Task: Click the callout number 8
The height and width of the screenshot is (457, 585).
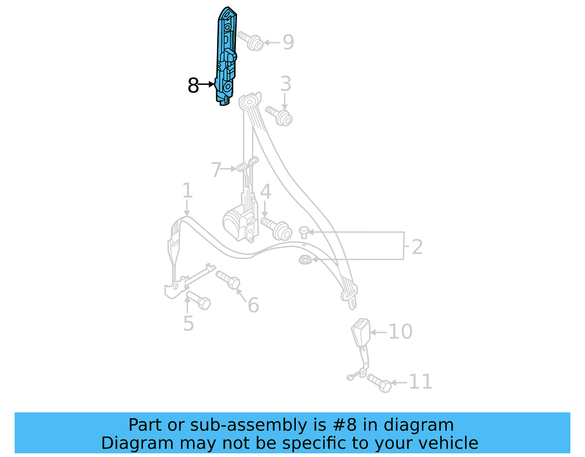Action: click(193, 86)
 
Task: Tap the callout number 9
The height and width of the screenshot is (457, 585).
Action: click(288, 42)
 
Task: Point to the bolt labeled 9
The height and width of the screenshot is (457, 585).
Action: click(251, 41)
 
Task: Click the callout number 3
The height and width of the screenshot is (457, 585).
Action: click(286, 84)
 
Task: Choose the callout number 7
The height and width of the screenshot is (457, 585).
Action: click(216, 170)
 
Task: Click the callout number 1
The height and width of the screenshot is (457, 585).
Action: click(187, 191)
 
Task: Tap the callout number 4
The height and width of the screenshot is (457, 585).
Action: click(266, 192)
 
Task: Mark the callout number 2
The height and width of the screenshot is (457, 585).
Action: click(417, 247)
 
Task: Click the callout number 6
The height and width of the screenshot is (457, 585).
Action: click(253, 305)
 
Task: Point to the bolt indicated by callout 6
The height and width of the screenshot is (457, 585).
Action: click(229, 280)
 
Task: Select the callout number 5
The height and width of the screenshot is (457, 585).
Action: click(188, 324)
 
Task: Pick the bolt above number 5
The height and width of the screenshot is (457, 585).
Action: click(199, 300)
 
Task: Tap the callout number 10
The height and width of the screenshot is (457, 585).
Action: click(400, 331)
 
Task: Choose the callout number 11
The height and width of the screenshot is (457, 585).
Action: click(420, 382)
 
